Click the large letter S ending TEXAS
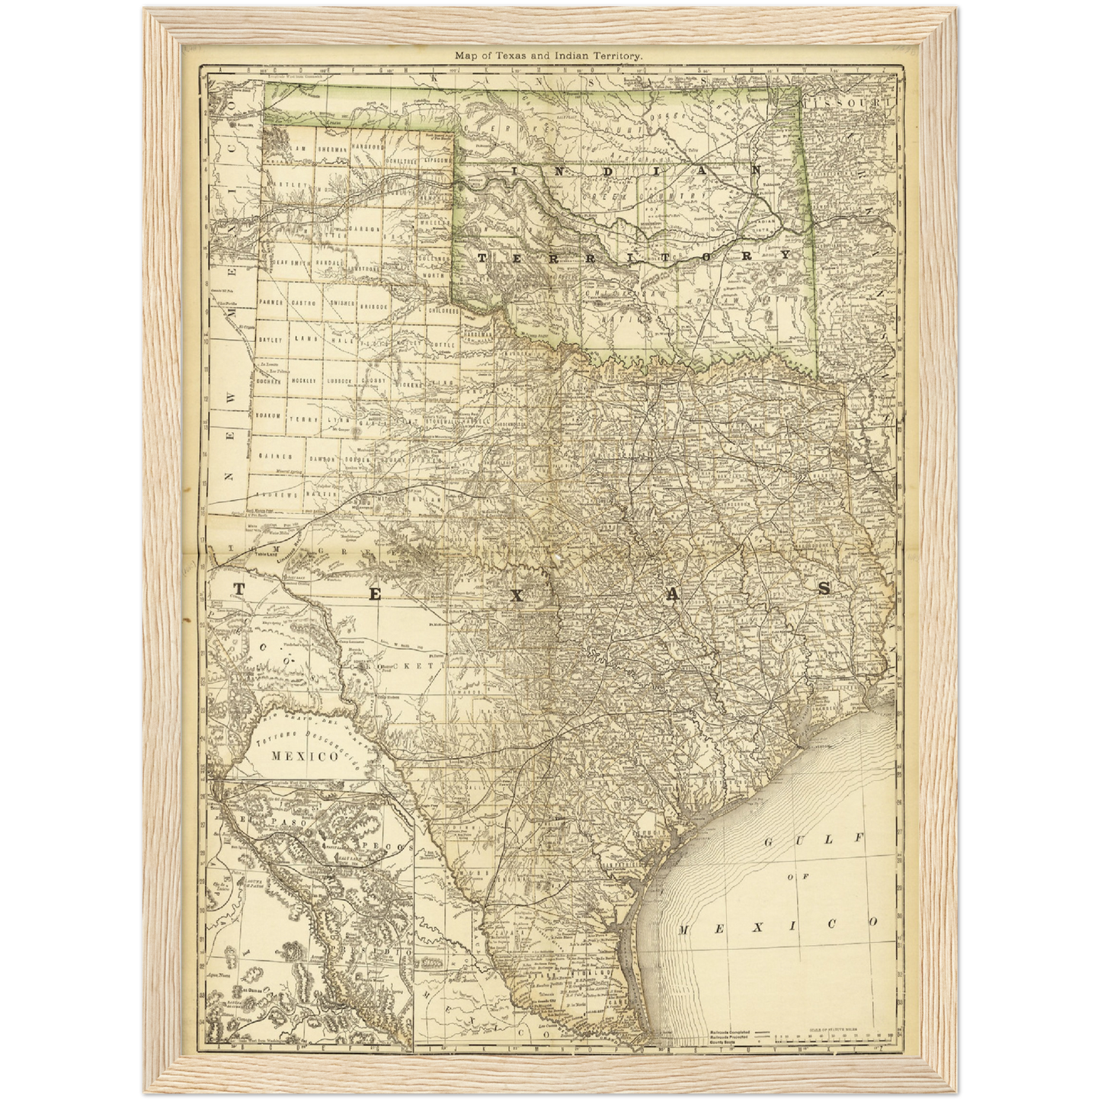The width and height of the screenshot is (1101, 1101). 824,588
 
